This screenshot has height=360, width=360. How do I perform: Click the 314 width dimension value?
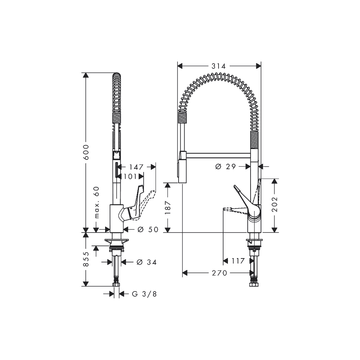(x=219, y=66)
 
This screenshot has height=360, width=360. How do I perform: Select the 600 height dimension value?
(x=86, y=153)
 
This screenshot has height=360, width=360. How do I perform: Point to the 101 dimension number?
(x=130, y=176)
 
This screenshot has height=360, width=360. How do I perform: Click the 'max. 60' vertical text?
(x=96, y=203)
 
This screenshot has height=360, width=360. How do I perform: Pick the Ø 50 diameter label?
(x=148, y=229)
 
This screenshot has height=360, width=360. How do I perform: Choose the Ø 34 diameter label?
(x=146, y=262)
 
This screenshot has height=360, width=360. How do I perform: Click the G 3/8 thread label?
(x=144, y=294)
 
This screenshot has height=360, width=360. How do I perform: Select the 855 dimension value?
(x=86, y=259)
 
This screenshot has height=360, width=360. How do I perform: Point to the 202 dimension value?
(x=275, y=204)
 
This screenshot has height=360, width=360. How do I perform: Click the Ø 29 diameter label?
(x=225, y=166)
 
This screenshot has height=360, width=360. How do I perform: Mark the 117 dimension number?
(x=238, y=261)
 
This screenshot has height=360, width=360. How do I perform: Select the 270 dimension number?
(x=220, y=273)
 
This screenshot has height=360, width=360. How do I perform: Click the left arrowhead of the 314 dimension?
(x=180, y=66)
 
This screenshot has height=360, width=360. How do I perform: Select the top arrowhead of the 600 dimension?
(x=86, y=75)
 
